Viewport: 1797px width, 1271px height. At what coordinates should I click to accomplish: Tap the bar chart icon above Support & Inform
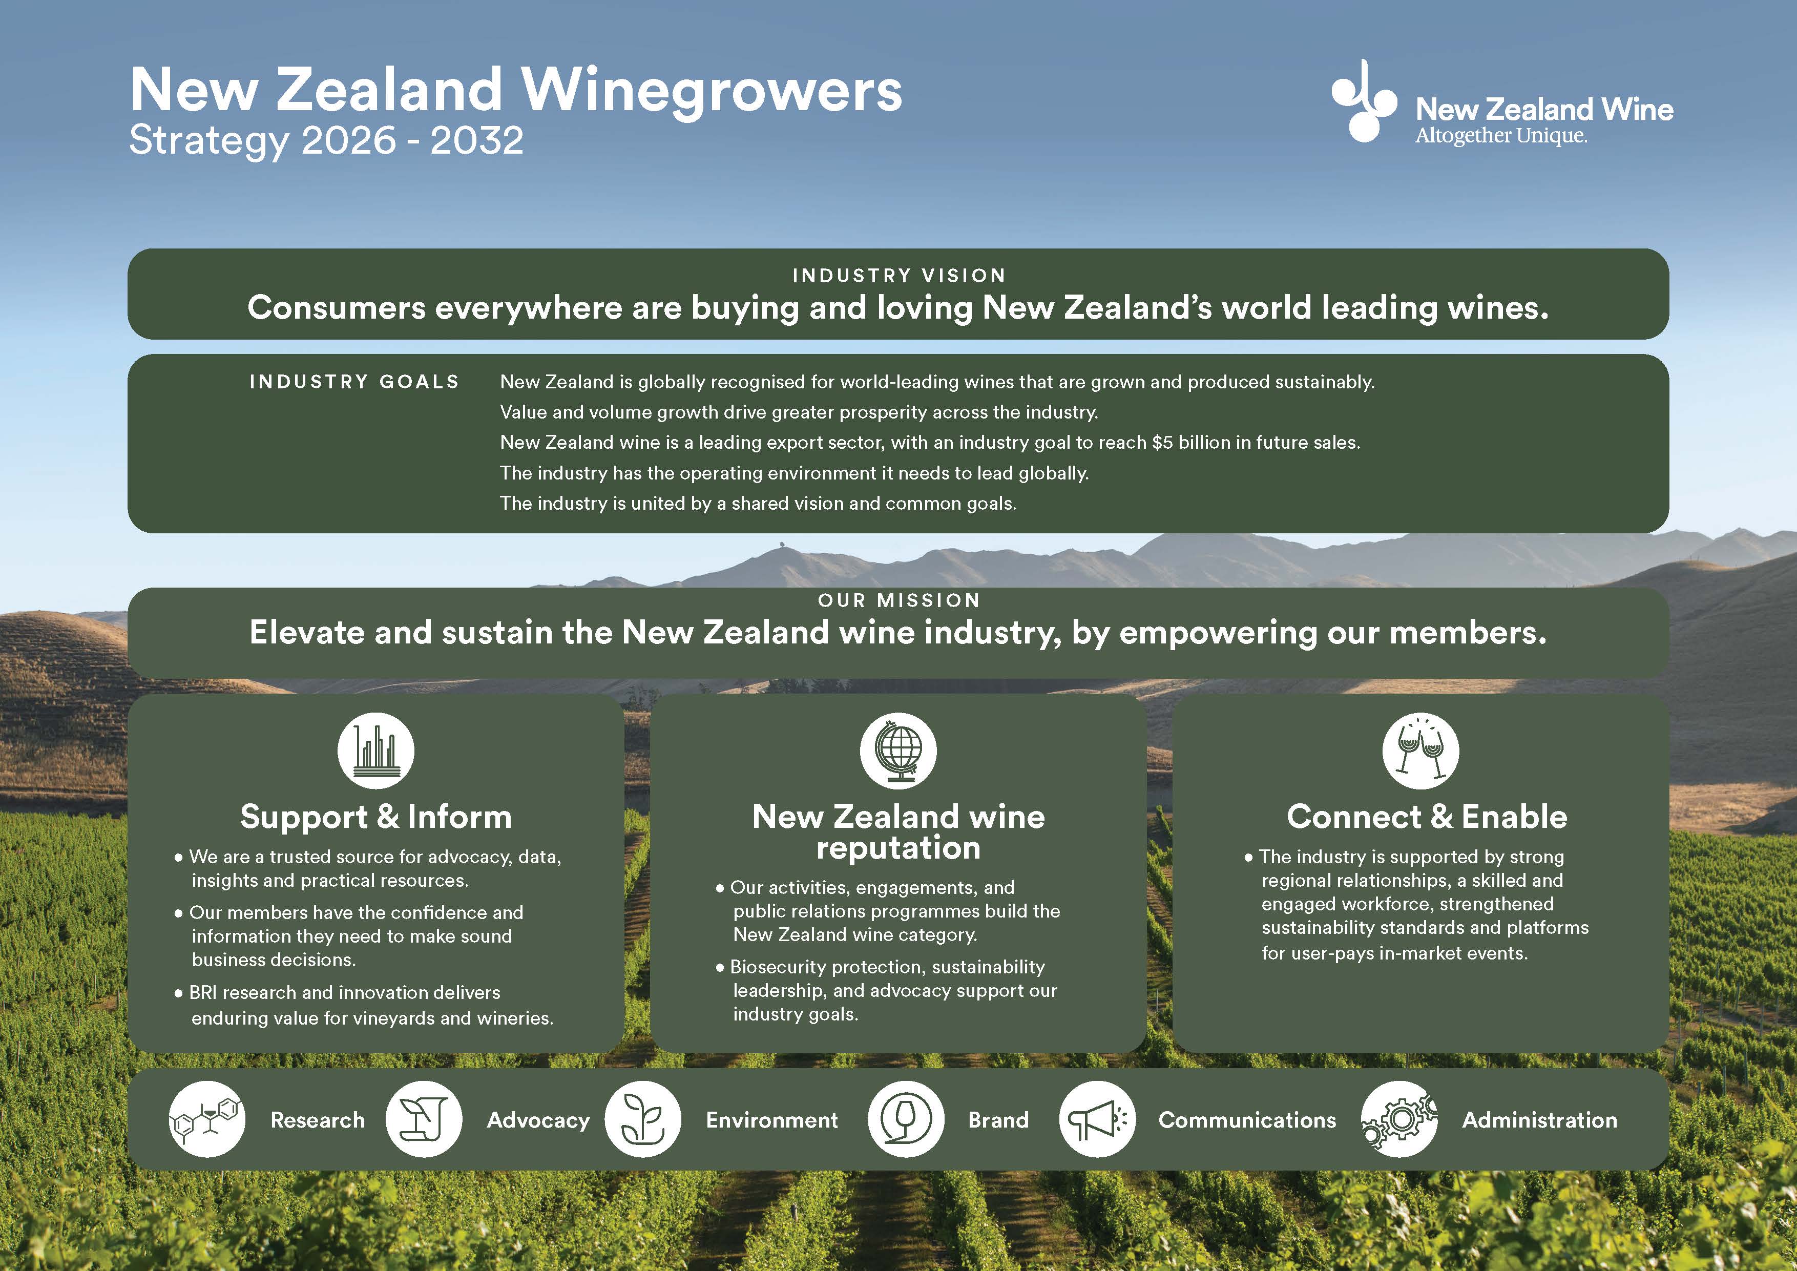375,751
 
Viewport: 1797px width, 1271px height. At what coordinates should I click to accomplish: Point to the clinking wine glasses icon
1420,751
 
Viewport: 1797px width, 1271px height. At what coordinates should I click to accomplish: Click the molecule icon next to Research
206,1119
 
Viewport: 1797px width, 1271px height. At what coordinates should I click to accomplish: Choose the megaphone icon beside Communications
1097,1119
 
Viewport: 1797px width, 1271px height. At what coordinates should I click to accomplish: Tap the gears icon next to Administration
1399,1119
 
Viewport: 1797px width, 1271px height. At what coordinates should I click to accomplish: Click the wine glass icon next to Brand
906,1119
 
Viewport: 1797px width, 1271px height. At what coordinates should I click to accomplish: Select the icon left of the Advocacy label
424,1119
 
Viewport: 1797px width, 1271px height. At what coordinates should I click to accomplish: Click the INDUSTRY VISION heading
898,276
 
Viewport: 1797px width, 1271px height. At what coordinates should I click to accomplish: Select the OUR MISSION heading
898,600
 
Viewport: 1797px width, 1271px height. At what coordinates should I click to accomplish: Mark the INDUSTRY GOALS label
354,382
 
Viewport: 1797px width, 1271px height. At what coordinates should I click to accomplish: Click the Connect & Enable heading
1427,816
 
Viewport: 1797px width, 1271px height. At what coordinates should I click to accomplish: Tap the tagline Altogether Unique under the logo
1501,136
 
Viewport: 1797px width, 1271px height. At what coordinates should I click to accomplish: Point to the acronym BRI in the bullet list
203,992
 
